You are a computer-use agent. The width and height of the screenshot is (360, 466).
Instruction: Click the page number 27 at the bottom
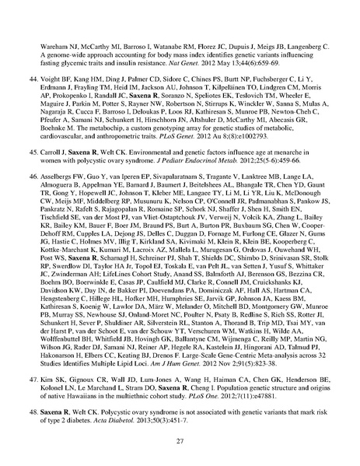pyautogui.click(x=180, y=441)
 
